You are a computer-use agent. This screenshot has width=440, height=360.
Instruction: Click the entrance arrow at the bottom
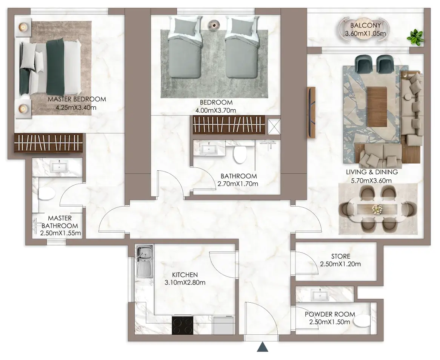tap(263, 347)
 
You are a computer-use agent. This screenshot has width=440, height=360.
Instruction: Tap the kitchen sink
tap(145, 261)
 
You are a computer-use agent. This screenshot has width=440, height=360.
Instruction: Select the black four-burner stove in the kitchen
tap(182, 325)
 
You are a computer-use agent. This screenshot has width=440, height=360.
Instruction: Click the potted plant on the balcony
tap(415, 37)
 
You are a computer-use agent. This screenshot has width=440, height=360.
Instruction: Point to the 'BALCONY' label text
tap(365, 25)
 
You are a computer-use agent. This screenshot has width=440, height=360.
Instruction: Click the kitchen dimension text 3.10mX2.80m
tap(185, 282)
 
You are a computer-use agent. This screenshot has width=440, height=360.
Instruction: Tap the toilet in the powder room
tap(362, 320)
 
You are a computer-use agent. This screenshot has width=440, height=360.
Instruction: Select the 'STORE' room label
tap(341, 256)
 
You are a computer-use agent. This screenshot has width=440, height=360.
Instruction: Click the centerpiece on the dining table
tap(377, 209)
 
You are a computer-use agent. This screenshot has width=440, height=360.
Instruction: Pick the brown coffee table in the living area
tap(377, 107)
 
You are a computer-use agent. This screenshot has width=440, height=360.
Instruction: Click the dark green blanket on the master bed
tap(55, 67)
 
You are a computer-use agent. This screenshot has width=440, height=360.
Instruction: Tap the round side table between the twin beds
tap(214, 25)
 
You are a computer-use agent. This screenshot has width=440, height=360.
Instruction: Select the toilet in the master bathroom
tap(46, 194)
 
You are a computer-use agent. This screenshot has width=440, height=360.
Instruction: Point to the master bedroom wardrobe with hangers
tap(49, 143)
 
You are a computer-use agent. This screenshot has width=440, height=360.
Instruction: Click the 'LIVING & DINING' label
tap(372, 172)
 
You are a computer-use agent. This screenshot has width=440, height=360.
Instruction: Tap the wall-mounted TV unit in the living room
tap(311, 112)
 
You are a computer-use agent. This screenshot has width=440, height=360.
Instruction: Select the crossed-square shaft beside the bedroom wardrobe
tap(274, 127)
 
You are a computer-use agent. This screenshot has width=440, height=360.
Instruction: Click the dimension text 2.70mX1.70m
tap(238, 184)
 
